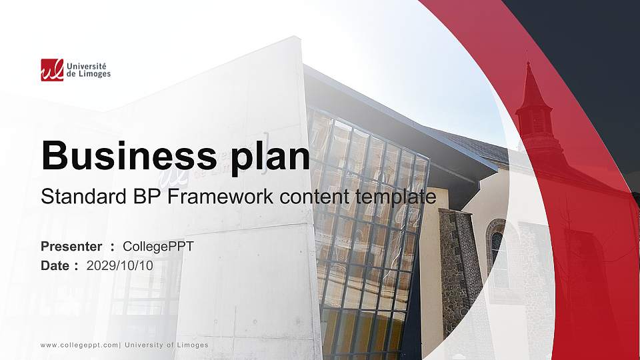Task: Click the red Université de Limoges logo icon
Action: tap(51, 69)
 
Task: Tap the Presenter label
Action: tap(71, 247)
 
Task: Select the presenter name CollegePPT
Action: tap(158, 247)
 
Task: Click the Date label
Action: tap(55, 265)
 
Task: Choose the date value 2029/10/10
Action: tap(119, 265)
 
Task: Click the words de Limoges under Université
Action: tap(89, 74)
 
